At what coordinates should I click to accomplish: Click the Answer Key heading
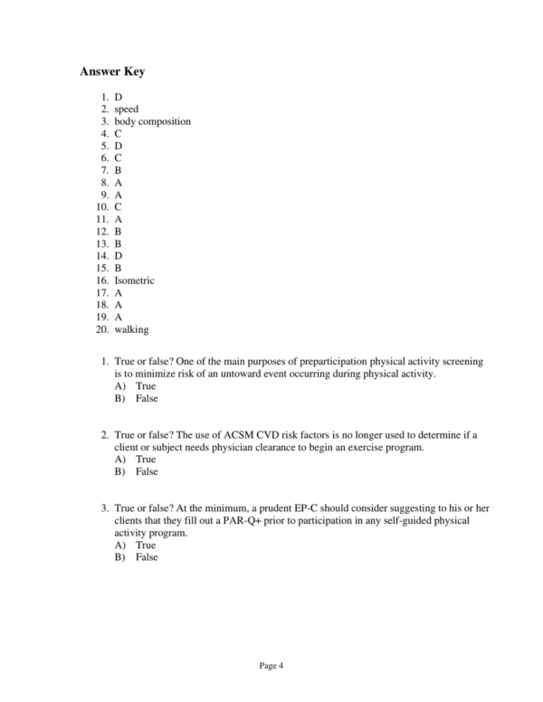coord(112,72)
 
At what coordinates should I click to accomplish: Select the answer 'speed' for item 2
coord(127,109)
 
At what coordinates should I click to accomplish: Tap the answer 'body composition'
coord(152,121)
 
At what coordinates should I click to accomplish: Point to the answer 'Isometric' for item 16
coord(134,280)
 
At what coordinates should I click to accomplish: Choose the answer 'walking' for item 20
coord(131,330)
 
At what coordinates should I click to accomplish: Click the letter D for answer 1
coord(119,97)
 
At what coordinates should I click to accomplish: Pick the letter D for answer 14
coord(119,256)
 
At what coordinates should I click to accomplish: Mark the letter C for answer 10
coord(119,207)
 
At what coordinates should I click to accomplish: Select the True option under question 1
coord(145,386)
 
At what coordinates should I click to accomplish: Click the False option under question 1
coord(146,398)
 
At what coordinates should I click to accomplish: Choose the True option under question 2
coord(145,460)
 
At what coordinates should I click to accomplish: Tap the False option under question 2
coord(146,471)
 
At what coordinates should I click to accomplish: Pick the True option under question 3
coord(145,545)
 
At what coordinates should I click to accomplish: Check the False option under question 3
coord(146,557)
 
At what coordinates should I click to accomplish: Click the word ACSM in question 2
coord(242,435)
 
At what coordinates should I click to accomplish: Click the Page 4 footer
coord(271,667)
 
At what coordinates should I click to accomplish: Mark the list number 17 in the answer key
coord(102,293)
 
